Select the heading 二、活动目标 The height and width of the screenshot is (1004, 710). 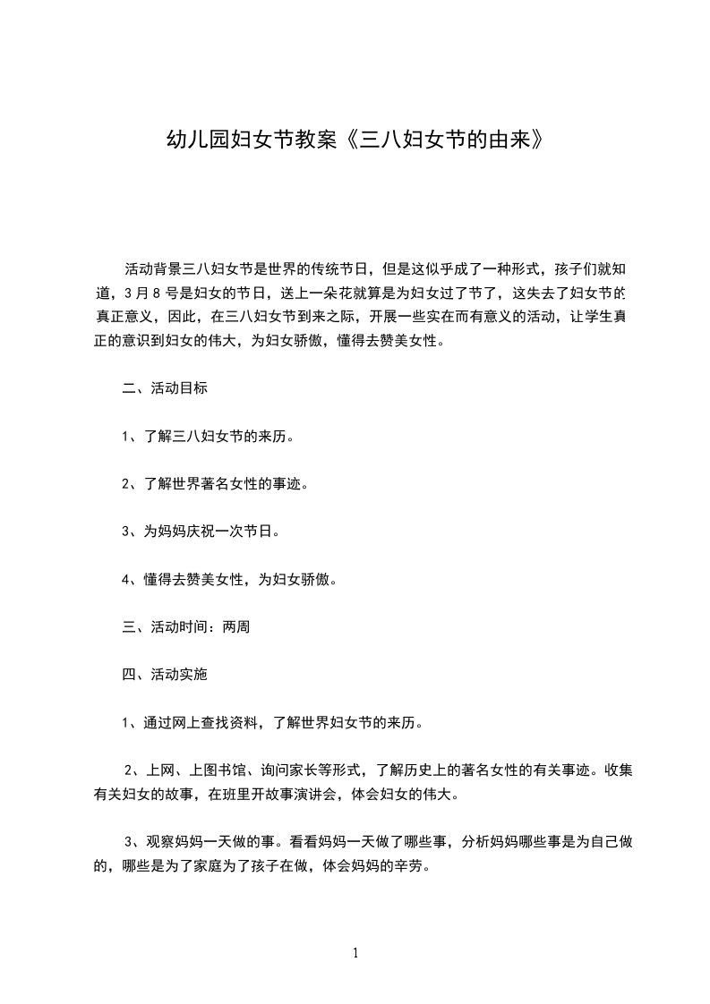[x=166, y=389]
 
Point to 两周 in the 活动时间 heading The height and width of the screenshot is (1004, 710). [x=236, y=627]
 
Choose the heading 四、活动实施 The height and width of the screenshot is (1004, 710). [x=166, y=675]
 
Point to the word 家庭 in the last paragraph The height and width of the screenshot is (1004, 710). [x=212, y=865]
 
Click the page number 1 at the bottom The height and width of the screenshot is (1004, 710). [x=356, y=954]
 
